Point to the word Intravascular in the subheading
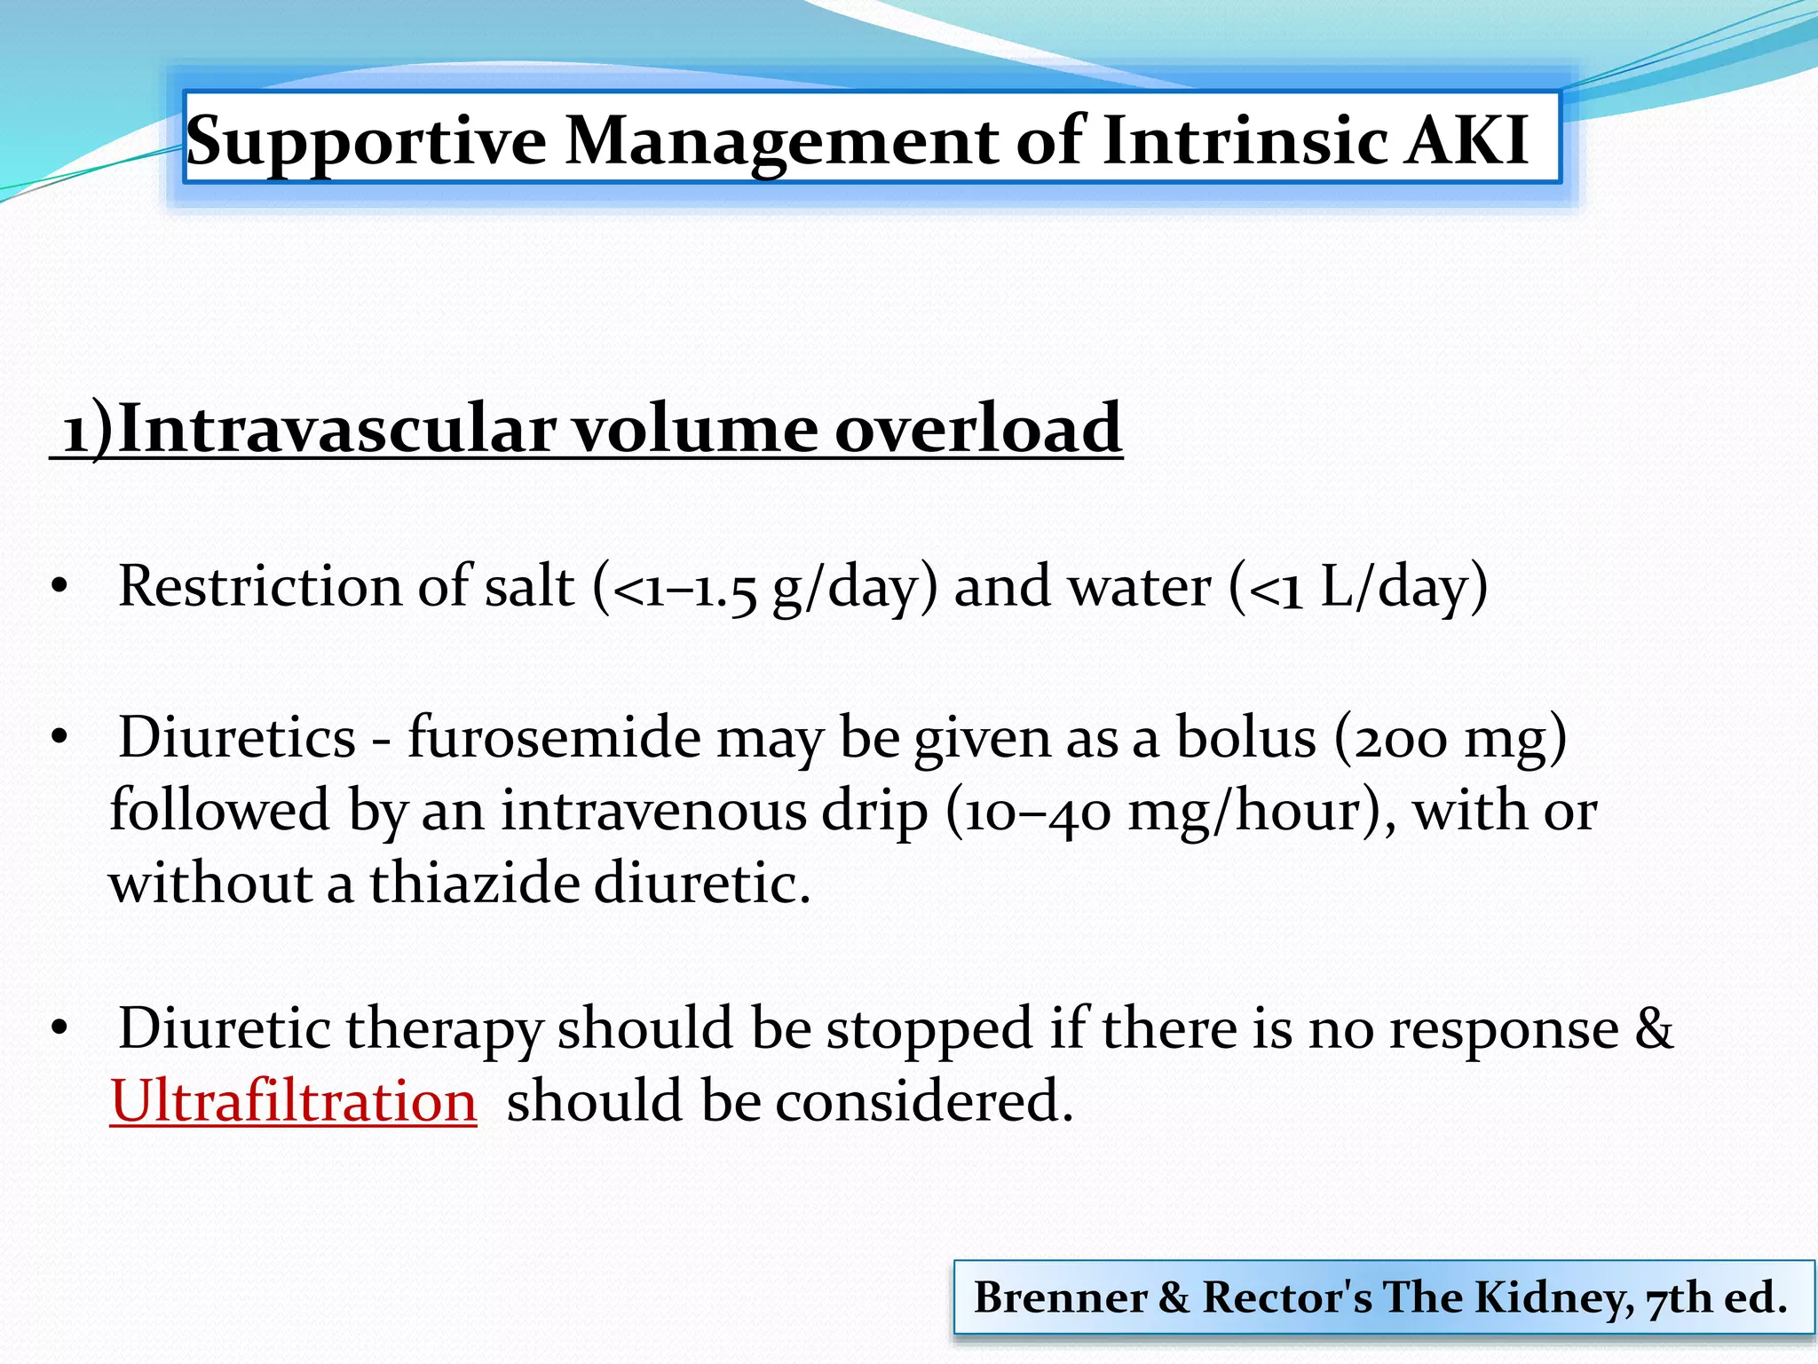coord(336,428)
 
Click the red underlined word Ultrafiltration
coord(294,1101)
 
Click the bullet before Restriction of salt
coord(59,587)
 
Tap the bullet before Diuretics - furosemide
coord(59,738)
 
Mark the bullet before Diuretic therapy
coord(59,1029)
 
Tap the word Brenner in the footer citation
coord(1060,1297)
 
